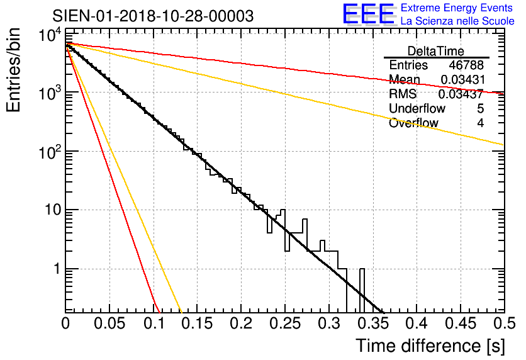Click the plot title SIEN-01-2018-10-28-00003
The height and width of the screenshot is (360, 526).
pyautogui.click(x=154, y=16)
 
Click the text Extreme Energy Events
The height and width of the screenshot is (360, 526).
pyautogui.click(x=457, y=8)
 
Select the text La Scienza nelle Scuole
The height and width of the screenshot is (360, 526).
pyautogui.click(x=457, y=21)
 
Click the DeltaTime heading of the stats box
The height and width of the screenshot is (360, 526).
pyautogui.click(x=436, y=51)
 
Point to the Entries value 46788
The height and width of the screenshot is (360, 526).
pyautogui.click(x=466, y=65)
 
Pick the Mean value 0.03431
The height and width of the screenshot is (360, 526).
pyautogui.click(x=462, y=80)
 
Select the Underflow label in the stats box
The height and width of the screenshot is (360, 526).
pyautogui.click(x=417, y=109)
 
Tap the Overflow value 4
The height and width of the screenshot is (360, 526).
pyautogui.click(x=480, y=123)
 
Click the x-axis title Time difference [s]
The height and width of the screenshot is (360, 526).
pyautogui.click(x=430, y=346)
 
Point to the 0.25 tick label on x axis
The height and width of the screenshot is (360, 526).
pyautogui.click(x=284, y=323)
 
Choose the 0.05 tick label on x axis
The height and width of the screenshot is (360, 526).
pyautogui.click(x=109, y=323)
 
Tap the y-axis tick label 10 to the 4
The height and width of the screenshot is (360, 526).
pyautogui.click(x=47, y=36)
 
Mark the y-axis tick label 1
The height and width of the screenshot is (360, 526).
pyautogui.click(x=56, y=269)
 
